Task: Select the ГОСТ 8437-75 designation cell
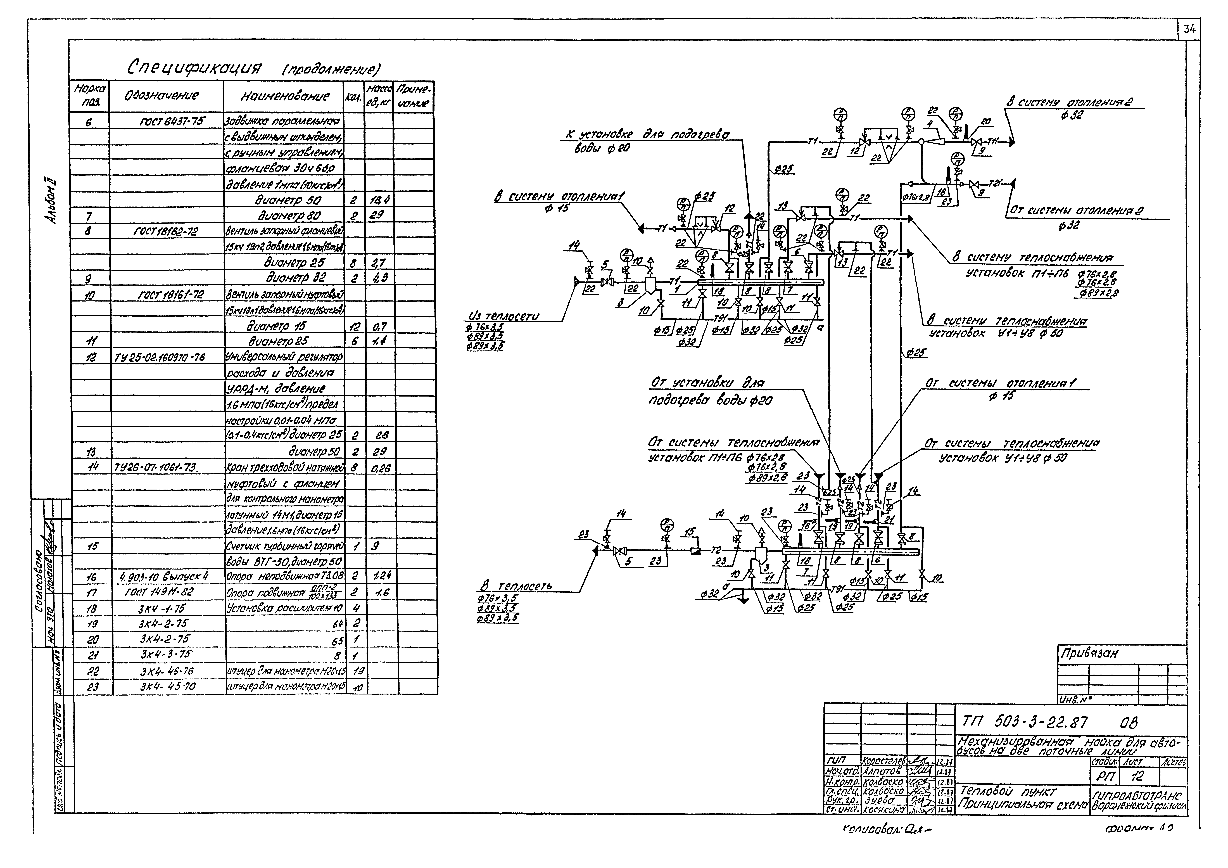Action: (x=167, y=121)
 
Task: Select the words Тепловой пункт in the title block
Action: (x=1008, y=790)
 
